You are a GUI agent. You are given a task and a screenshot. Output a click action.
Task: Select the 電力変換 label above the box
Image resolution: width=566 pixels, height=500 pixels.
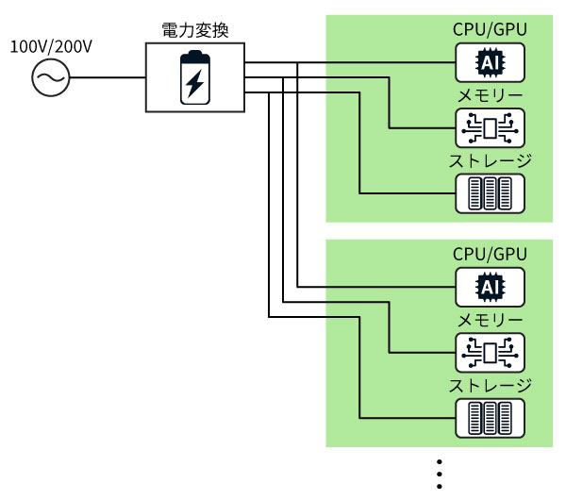[x=194, y=30]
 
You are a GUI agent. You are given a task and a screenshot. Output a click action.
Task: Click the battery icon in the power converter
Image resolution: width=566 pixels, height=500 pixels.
[x=194, y=78]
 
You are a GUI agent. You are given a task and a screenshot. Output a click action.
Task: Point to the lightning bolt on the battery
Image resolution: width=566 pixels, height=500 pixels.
[x=194, y=83]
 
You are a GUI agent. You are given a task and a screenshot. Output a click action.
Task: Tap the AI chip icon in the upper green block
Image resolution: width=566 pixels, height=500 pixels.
[x=490, y=63]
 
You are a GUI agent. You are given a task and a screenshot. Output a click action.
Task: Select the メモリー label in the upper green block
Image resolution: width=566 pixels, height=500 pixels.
[x=490, y=95]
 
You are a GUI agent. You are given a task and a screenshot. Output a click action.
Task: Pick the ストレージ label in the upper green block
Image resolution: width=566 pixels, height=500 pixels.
[x=490, y=160]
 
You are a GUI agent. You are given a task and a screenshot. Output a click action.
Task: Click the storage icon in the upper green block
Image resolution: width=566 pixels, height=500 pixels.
[x=490, y=193]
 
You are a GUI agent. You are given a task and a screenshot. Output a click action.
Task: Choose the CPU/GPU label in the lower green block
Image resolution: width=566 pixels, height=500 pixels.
[x=490, y=254]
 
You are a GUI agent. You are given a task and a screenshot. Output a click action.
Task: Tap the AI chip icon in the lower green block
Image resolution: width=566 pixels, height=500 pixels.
[x=490, y=287]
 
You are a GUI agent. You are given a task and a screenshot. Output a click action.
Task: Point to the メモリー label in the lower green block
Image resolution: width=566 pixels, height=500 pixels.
[x=490, y=320]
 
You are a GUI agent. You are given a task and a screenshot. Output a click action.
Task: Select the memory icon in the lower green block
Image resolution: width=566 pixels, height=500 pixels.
[x=490, y=352]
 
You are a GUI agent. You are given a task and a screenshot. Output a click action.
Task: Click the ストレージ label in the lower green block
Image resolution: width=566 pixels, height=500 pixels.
[x=490, y=385]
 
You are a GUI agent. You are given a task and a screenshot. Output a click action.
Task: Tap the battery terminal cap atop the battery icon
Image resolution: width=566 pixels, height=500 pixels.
[x=194, y=56]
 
